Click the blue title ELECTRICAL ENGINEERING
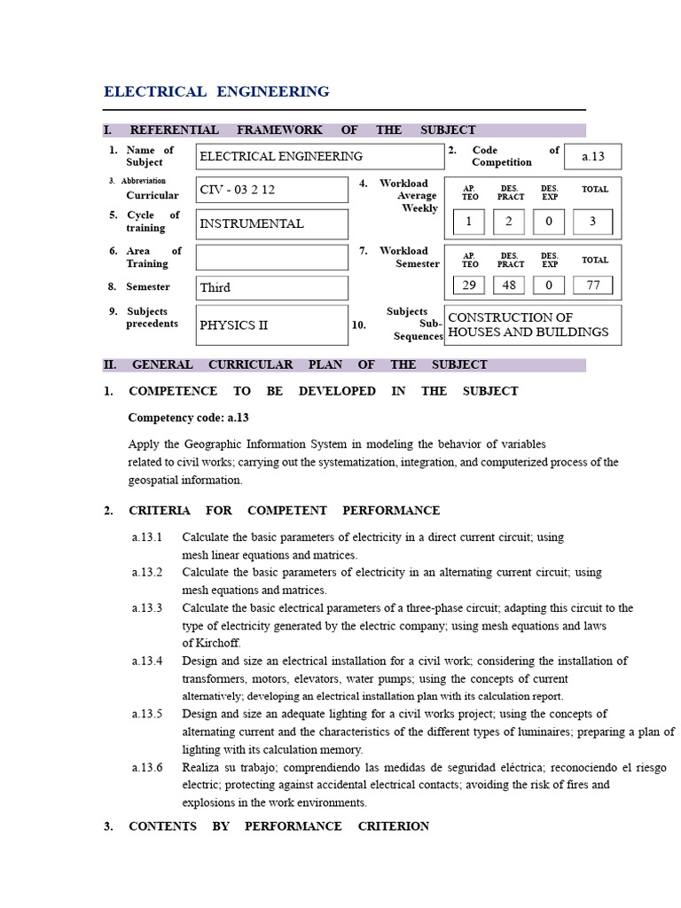216,91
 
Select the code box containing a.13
592,156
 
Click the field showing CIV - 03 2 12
271,190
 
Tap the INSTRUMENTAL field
271,223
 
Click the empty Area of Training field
271,257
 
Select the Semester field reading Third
271,287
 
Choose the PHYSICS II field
271,325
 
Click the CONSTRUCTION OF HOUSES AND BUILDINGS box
532,325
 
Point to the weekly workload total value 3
592,222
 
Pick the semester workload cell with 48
509,285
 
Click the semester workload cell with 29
469,285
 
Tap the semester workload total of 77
592,285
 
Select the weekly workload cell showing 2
509,222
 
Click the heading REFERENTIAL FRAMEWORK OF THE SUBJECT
302,129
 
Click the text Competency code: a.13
182,417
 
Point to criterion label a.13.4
147,661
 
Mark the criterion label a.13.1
147,537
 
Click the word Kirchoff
217,643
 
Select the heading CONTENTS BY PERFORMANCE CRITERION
278,826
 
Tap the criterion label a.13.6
147,767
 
